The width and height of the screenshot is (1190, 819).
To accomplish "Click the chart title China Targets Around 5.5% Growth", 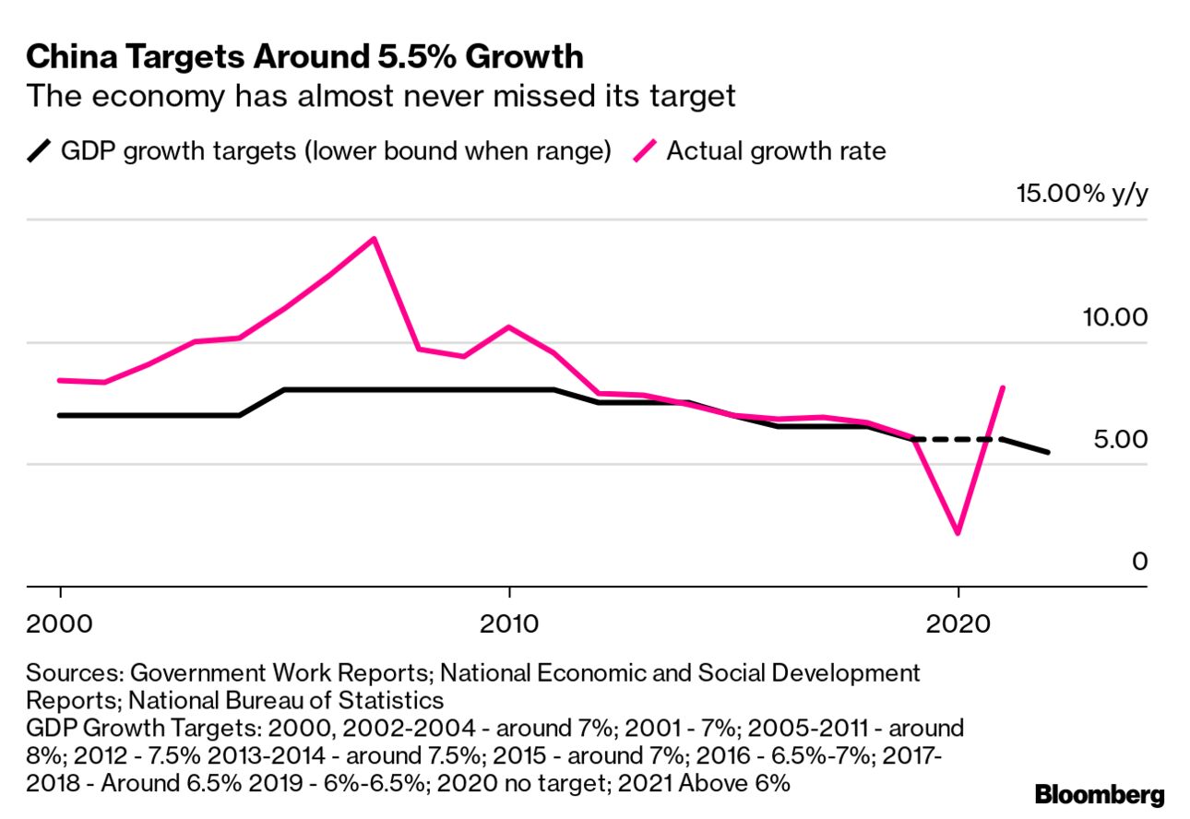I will tap(304, 56).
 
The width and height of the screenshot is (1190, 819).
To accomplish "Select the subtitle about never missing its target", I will tap(380, 95).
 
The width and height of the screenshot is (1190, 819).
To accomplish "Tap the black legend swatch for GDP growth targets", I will tap(40, 150).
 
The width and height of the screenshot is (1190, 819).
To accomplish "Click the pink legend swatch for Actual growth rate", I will tap(646, 150).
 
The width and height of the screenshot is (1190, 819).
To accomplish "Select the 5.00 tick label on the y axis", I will tap(1120, 439).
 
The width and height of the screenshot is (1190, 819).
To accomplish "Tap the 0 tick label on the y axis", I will tap(1140, 561).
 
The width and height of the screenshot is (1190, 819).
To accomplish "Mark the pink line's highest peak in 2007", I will tap(374, 239).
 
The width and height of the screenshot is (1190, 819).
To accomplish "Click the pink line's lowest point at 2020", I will tap(958, 533).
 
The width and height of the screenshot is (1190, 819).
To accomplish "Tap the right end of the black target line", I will tap(1048, 452).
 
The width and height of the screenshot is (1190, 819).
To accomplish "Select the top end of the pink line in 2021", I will tap(1003, 388).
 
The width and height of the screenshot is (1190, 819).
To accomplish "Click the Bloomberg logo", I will tap(1100, 794).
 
